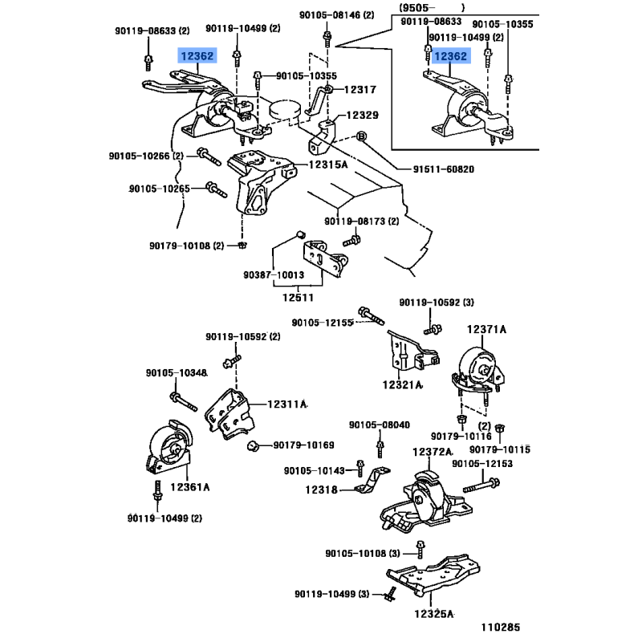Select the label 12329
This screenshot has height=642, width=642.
coord(362,116)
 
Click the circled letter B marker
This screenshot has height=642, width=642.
coord(360,136)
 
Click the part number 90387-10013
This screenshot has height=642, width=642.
coord(275,275)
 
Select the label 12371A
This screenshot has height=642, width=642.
coord(487,329)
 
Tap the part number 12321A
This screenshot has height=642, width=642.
coord(401,385)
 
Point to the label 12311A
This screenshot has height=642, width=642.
coord(287,405)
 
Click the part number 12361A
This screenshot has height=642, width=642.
coord(189,487)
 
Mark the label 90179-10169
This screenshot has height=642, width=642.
coord(303,445)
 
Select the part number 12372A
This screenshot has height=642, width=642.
coord(433,453)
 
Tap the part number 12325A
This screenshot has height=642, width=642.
coord(434,615)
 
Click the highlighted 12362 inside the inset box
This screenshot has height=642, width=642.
coord(451,56)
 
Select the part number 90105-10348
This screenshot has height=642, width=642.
coord(177,373)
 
